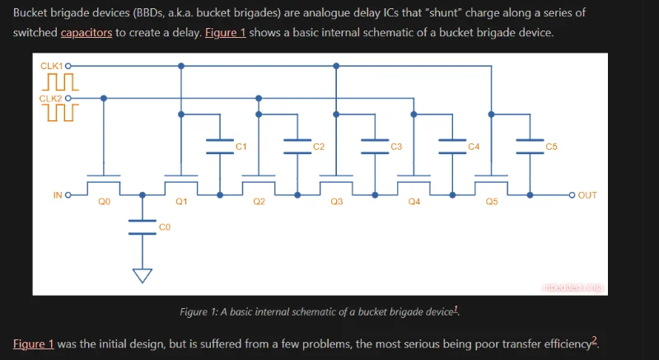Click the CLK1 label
coord(51,65)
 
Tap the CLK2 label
coord(51,98)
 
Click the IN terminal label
coord(58,195)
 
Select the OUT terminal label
coord(587,195)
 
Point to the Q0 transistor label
coord(104,202)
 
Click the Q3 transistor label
coord(336,202)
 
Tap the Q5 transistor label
coord(491,202)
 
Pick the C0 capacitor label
coord(164,226)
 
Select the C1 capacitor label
coord(241,147)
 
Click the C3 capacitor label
coord(396,147)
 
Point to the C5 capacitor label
coord(551,147)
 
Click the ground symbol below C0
coord(143,275)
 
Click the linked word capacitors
coord(86,33)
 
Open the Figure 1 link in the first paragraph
coord(225,33)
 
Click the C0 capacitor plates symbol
coord(143,227)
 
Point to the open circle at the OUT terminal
coord(572,195)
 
